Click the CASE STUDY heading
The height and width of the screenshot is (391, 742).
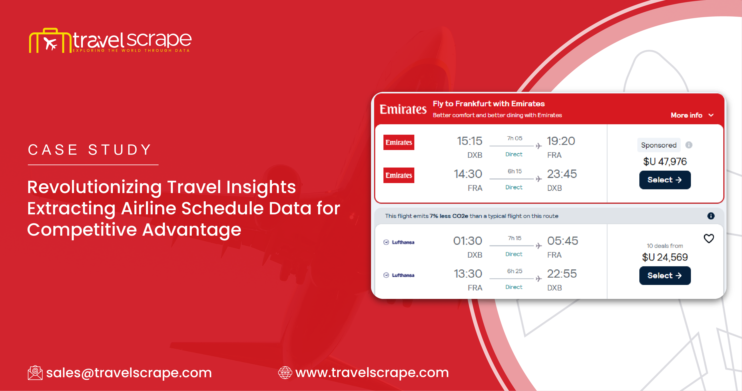[90, 150]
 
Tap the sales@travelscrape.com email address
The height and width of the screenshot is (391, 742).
[129, 373]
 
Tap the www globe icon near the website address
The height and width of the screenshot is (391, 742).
[285, 373]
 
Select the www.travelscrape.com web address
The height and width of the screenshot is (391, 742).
[372, 373]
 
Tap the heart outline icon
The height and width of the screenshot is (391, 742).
[709, 238]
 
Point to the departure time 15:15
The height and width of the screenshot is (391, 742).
[469, 141]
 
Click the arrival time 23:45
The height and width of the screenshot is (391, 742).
[562, 174]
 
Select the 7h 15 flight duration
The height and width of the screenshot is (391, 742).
[515, 238]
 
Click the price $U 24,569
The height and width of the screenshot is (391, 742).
[665, 257]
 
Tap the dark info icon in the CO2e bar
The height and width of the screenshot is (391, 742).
[711, 216]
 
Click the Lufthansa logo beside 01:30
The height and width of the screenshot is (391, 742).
[399, 242]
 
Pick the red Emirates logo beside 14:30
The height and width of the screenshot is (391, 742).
[399, 175]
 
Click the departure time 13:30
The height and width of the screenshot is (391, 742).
[468, 274]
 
